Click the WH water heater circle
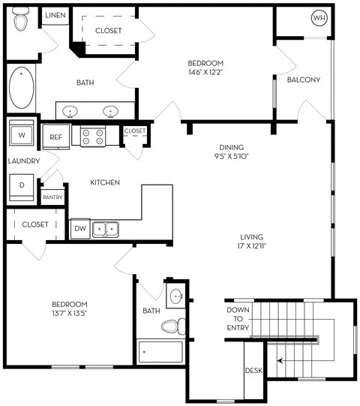coord(319,18)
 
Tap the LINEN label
coord(55,15)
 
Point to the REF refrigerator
coord(56,137)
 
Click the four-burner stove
coord(93,137)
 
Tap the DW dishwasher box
coord(80,228)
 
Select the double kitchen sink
coord(106,230)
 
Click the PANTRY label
coord(52,197)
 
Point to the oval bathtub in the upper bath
coord(22,88)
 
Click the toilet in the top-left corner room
coord(21,20)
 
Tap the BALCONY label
coord(304,80)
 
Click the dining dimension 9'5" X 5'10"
coord(231,156)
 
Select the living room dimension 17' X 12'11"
coord(252,245)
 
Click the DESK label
coord(253,371)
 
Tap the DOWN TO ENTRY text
coord(238,319)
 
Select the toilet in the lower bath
coord(173,326)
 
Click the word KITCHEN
coord(105,182)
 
